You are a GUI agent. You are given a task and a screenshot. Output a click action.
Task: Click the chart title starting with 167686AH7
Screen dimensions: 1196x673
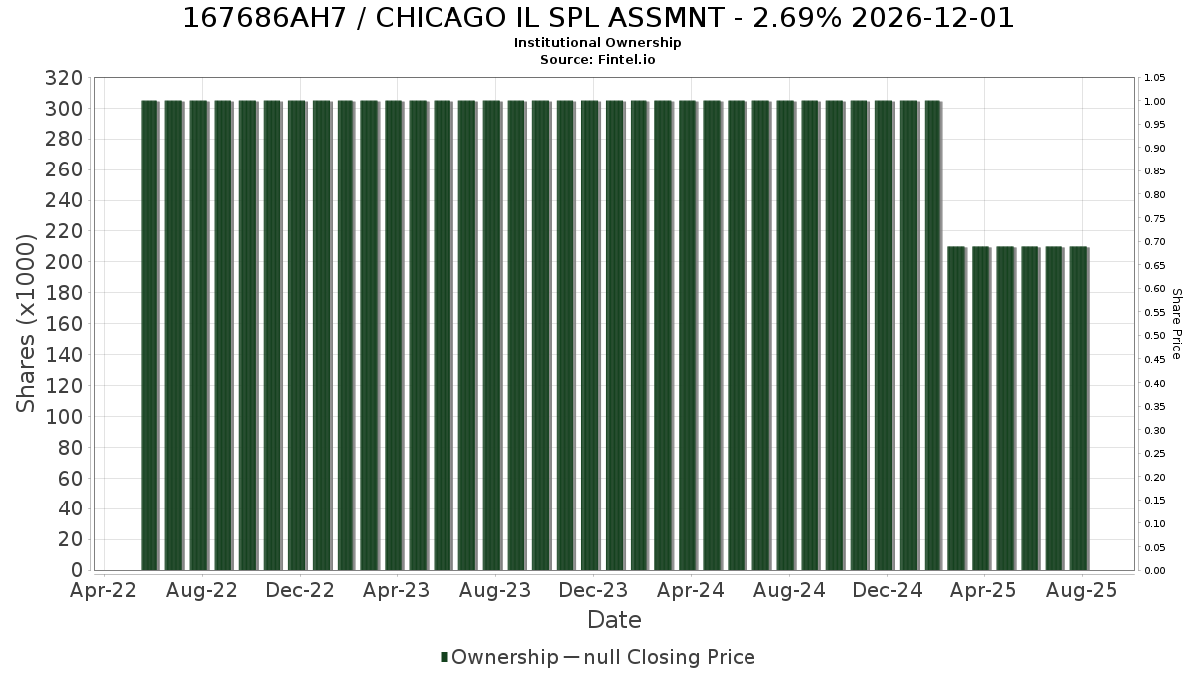(x=598, y=18)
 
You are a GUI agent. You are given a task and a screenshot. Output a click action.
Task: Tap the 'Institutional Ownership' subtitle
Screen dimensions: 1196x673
(x=597, y=43)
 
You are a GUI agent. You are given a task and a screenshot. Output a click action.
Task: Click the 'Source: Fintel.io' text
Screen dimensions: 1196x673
(x=597, y=59)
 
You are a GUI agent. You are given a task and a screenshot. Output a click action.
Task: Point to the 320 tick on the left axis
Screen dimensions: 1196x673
(x=64, y=78)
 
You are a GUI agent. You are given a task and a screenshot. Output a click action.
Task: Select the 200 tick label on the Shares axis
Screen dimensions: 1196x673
(x=64, y=262)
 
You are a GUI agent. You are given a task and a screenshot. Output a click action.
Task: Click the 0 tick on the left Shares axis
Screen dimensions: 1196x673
(x=77, y=570)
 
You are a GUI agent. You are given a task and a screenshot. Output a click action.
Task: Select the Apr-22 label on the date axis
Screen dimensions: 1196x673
(x=103, y=590)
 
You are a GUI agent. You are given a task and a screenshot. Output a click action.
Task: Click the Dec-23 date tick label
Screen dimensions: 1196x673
(x=593, y=590)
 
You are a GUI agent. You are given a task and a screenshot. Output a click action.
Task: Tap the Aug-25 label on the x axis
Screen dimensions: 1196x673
(x=1081, y=590)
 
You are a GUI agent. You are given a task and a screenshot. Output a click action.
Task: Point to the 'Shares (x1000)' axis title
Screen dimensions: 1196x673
(x=25, y=324)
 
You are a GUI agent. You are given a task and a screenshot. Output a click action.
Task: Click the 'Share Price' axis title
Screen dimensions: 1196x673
(x=1176, y=324)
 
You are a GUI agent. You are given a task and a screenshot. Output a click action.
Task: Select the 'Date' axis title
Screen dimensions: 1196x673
(x=614, y=620)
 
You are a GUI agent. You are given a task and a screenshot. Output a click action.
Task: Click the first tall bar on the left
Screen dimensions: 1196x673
(x=149, y=335)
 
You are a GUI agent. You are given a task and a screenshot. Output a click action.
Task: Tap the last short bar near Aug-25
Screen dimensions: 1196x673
(x=1079, y=409)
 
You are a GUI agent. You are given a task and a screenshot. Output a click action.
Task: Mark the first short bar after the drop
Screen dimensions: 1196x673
(x=956, y=409)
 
